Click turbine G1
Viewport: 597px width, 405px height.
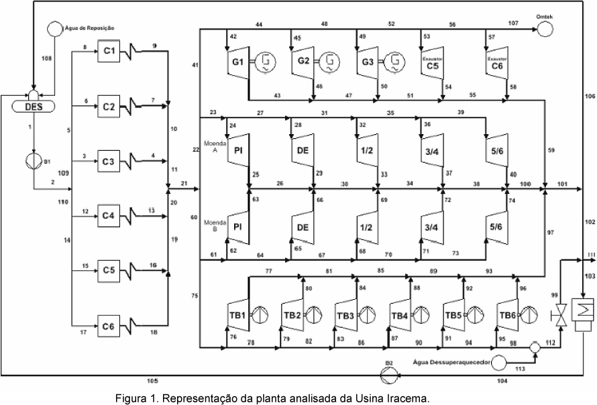(237, 64)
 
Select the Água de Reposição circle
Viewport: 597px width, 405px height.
(54, 29)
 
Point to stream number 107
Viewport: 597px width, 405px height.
(512, 24)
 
